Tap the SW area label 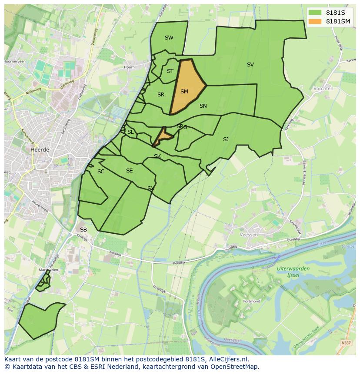(169, 38)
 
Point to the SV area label (250, 65)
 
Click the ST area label (170, 71)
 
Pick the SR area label (161, 95)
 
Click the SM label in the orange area (184, 92)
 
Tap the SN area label (203, 106)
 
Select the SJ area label (226, 139)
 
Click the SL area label (130, 132)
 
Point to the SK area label (157, 156)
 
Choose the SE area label (129, 171)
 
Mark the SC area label (101, 172)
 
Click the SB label (83, 229)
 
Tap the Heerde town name (40, 149)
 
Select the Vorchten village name (323, 88)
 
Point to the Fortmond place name (252, 301)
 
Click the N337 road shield (346, 343)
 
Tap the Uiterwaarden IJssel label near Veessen (293, 271)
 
